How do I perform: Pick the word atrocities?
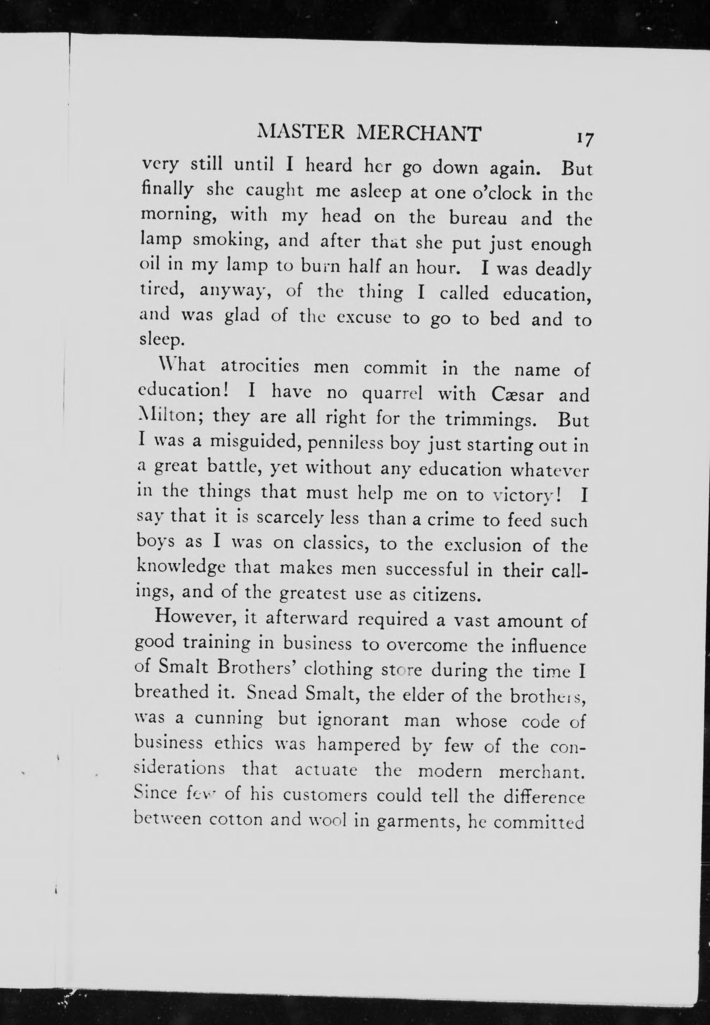[x=259, y=368]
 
